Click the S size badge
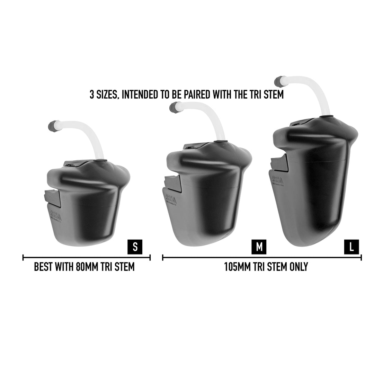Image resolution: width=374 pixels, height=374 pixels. tap(135, 247)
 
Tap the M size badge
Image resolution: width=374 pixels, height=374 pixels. tap(259, 247)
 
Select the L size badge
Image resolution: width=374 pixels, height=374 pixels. tap(351, 247)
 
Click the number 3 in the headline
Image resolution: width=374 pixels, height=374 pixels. tap(92, 95)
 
